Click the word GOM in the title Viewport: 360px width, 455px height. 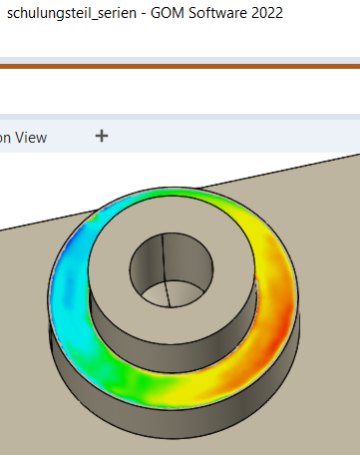tap(168, 13)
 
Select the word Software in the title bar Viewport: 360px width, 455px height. tap(217, 13)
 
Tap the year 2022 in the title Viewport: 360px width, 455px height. tap(267, 13)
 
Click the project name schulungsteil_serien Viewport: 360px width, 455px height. tap(72, 14)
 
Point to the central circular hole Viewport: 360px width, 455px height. tap(172, 269)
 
